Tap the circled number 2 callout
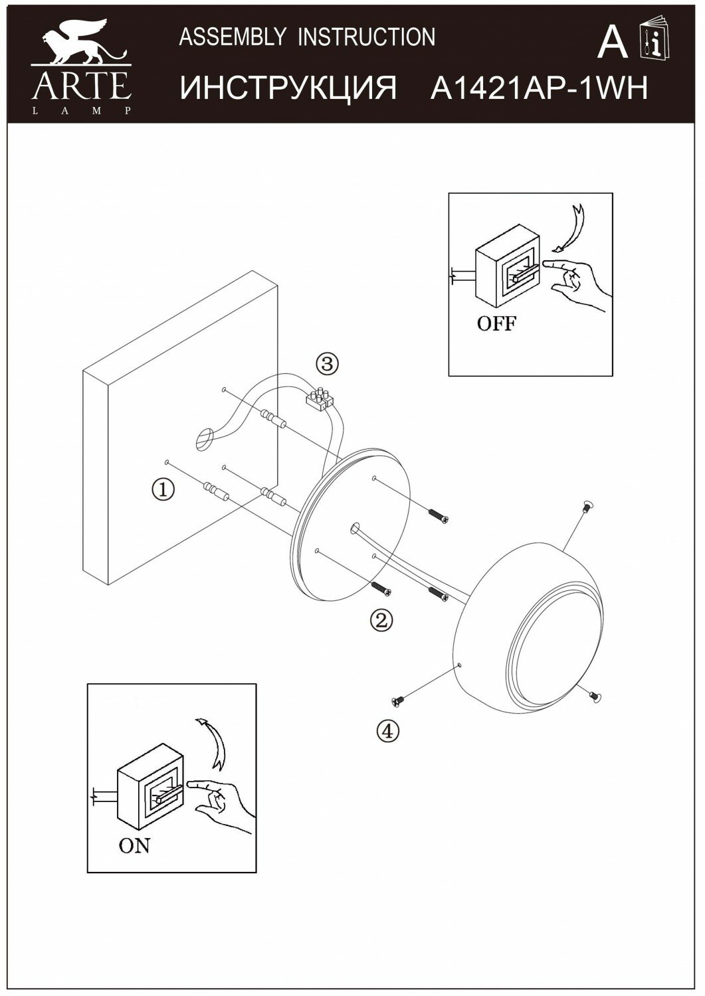381,620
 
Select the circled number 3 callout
327,364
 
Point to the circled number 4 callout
388,731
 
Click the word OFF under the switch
496,324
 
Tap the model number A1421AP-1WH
539,88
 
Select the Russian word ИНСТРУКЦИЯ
289,88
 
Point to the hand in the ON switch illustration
222,799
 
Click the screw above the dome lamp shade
585,507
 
